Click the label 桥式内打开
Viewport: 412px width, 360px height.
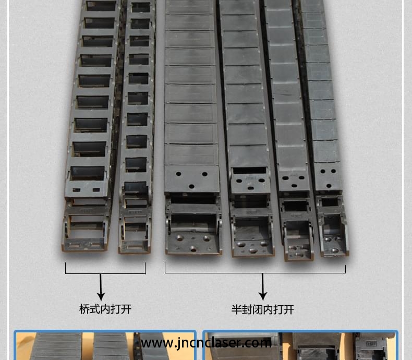point(105,309)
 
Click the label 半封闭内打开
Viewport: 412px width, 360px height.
point(262,309)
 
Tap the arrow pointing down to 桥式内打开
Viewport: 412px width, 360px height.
point(101,287)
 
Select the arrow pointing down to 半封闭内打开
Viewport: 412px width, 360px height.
point(262,286)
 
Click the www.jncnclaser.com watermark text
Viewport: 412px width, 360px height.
point(206,343)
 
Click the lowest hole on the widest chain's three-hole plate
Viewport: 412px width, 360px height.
point(191,186)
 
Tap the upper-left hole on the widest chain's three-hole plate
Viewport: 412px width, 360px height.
point(178,174)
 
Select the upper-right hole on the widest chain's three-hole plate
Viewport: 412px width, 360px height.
point(204,174)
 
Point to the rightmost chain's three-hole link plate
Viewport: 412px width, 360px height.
point(329,177)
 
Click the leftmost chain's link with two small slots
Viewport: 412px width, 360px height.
point(86,189)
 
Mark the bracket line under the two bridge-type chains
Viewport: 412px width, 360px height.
point(105,273)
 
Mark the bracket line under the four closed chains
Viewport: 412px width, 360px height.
point(255,273)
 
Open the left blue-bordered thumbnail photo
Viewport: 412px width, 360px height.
point(105,345)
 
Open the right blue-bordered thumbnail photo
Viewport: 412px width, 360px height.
point(300,345)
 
